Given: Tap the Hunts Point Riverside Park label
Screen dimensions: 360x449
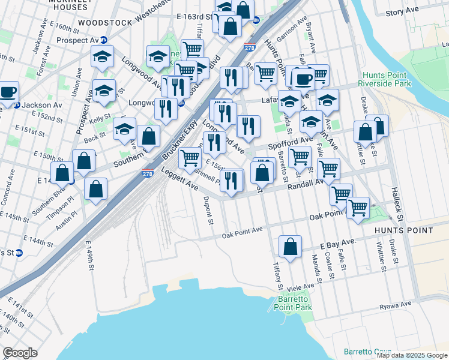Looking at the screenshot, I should tap(386, 79).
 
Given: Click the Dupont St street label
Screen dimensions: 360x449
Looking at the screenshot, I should tap(209, 211).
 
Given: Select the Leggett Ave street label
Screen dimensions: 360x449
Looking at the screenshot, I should tap(179, 180).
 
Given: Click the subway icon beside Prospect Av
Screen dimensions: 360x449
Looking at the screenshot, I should tap(104, 40).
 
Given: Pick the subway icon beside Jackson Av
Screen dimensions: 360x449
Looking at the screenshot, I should tap(17, 104).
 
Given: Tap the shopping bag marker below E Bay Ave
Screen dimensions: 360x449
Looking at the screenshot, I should tap(290, 247).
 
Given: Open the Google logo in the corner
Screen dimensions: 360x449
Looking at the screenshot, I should tap(20, 353).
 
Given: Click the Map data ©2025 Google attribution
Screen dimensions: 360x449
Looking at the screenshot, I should tap(411, 355).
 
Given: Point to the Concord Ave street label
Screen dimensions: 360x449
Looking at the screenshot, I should tap(11, 185).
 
